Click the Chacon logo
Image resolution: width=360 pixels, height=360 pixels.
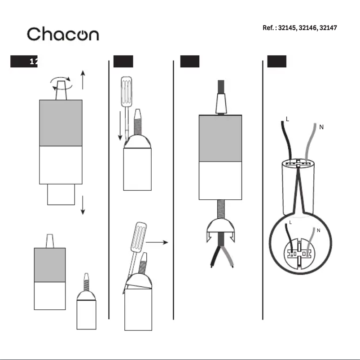[63, 34]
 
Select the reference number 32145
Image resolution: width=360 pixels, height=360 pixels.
[287, 28]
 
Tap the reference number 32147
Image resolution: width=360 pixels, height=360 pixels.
[328, 28]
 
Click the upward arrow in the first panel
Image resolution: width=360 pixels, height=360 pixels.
[83, 79]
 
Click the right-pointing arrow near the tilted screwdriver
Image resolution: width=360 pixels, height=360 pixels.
[157, 242]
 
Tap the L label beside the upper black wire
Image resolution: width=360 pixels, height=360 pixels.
[287, 119]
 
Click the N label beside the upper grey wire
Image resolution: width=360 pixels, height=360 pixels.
[321, 127]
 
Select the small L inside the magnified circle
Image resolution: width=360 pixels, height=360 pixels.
[290, 222]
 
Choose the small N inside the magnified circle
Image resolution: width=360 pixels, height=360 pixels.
[318, 231]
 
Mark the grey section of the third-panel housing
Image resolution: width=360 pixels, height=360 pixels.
[220, 138]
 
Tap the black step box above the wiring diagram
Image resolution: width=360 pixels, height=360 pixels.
[277, 62]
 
